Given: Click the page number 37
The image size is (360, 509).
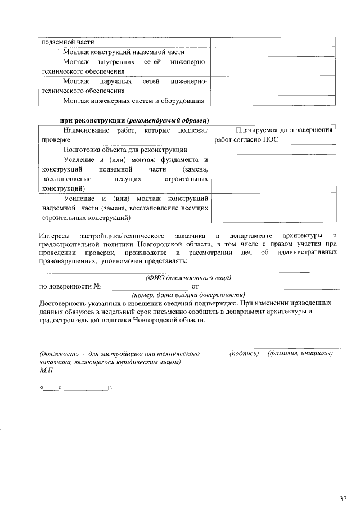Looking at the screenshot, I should point(343,498).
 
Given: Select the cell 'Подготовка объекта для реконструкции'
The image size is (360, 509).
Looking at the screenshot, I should point(125,150).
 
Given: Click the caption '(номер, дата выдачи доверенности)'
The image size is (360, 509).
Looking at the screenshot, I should point(188,295).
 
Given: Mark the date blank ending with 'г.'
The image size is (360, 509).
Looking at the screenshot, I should point(84,388).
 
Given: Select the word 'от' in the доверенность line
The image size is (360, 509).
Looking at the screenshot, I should point(196,286).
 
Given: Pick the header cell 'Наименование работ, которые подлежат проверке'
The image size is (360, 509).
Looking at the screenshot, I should point(124,135).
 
